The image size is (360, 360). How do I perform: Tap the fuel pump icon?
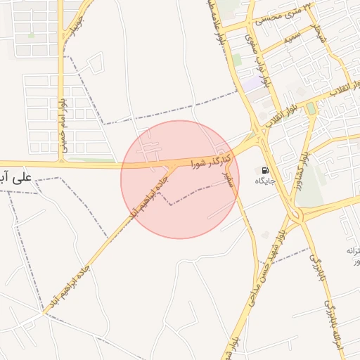click(265, 170)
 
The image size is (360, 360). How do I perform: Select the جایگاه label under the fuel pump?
click(265, 181)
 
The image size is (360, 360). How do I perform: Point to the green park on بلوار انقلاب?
click(310, 108)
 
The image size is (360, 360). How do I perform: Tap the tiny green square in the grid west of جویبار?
click(31, 34)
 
